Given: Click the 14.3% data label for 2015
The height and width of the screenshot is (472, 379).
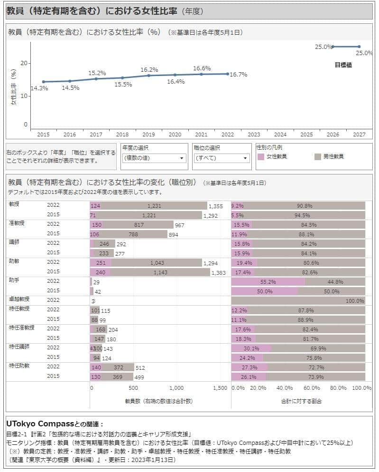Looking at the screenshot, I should [x=39, y=88].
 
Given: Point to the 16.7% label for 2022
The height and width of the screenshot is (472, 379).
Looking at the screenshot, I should [x=238, y=75].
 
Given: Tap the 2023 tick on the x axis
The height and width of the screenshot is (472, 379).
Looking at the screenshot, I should [x=254, y=135].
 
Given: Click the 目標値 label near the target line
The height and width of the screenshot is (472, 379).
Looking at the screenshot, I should [x=343, y=65].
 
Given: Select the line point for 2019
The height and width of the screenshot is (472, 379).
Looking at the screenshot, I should [x=149, y=76].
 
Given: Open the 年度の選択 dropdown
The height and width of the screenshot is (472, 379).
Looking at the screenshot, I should [x=154, y=158].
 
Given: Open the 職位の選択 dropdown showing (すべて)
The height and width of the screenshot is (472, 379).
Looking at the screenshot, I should [x=222, y=158].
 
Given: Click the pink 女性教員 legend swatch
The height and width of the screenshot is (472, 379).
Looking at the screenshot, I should [x=260, y=156].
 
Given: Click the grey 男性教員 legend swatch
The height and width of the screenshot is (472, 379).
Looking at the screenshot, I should [x=318, y=156].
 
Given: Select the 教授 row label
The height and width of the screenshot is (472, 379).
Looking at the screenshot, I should [x=15, y=204].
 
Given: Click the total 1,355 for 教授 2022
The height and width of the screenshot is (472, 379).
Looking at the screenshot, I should [x=215, y=206].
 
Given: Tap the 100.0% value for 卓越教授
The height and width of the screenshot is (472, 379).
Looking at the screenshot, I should [x=355, y=301].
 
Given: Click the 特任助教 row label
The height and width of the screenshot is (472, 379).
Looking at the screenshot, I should [x=19, y=366].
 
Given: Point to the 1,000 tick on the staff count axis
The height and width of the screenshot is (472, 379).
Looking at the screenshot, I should [x=176, y=388].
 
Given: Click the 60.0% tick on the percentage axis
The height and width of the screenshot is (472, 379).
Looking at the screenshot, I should [x=312, y=388].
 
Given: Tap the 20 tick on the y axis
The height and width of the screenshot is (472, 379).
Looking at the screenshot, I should [x=25, y=63].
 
